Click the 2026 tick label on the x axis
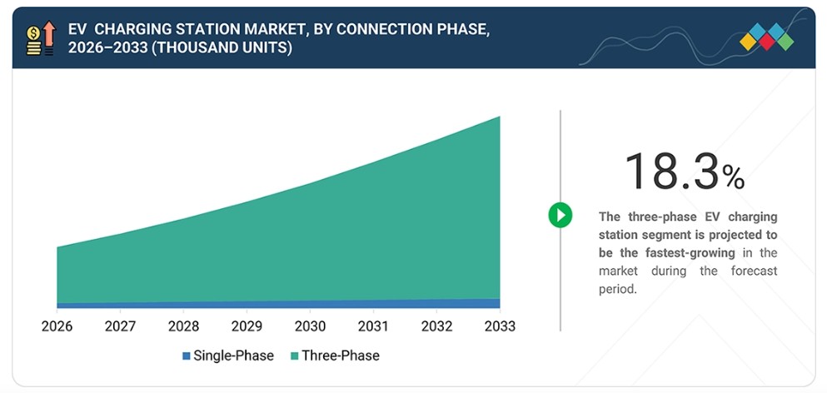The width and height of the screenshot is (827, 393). click(x=57, y=326)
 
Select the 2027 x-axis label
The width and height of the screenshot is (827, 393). click(x=120, y=326)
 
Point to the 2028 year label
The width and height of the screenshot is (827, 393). click(x=183, y=326)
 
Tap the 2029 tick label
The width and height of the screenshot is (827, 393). click(x=247, y=326)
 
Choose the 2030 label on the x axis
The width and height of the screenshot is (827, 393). click(x=310, y=326)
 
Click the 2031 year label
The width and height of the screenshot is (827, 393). click(x=373, y=326)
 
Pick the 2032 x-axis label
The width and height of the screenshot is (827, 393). click(x=436, y=326)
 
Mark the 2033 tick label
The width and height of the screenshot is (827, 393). click(x=500, y=326)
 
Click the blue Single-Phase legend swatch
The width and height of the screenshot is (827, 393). click(x=187, y=356)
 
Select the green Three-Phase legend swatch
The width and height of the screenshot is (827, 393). click(x=294, y=356)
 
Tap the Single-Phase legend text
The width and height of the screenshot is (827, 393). click(x=234, y=356)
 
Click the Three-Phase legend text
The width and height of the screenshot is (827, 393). click(x=341, y=356)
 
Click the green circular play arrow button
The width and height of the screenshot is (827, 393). click(x=560, y=215)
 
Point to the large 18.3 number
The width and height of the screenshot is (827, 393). click(x=672, y=172)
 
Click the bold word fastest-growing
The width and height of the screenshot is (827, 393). click(x=690, y=252)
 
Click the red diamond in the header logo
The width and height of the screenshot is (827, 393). click(x=766, y=42)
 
